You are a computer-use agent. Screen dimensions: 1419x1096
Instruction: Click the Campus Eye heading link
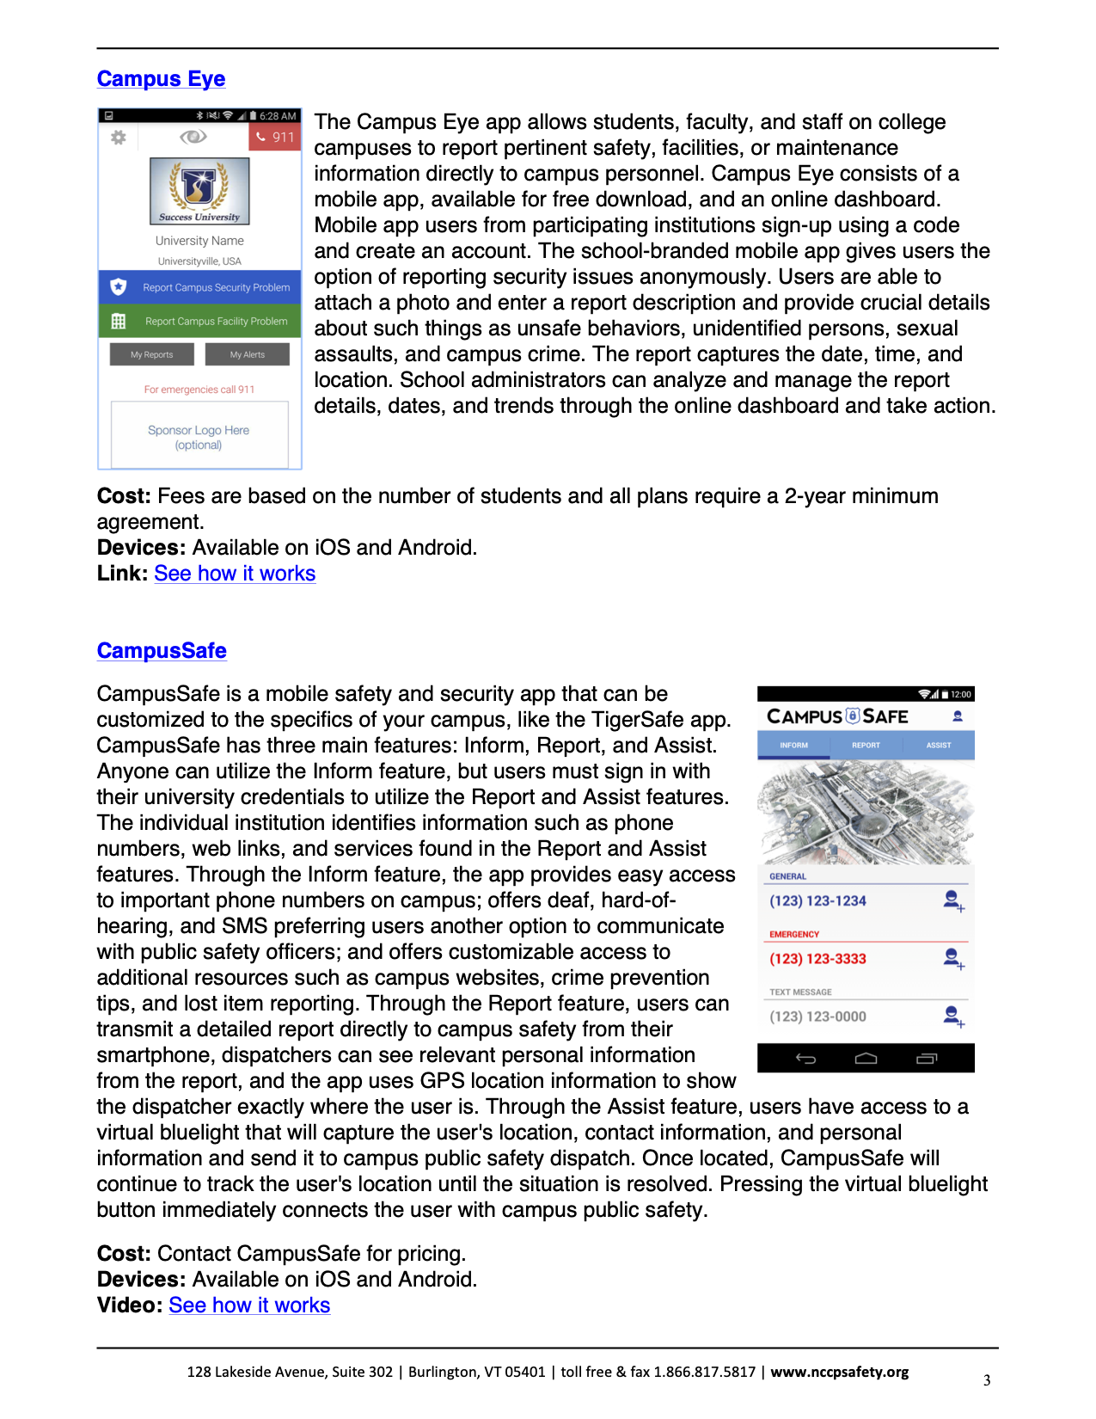tap(161, 79)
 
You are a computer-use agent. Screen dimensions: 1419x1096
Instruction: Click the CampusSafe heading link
tap(162, 651)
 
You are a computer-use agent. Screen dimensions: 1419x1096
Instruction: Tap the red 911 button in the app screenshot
tap(275, 137)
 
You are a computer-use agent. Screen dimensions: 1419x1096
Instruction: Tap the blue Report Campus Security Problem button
tap(200, 287)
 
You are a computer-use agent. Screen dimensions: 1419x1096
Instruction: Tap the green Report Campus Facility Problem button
tap(200, 321)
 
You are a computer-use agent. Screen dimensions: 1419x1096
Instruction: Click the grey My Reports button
tap(152, 354)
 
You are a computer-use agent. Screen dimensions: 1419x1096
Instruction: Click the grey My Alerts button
tap(248, 354)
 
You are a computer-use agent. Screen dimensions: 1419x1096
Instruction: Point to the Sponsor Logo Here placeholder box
tap(199, 437)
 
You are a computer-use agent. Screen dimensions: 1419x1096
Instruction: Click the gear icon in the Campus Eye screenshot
tap(119, 137)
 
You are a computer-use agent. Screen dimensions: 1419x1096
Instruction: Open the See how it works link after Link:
tap(235, 574)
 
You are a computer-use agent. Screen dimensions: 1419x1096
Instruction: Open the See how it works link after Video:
tap(249, 1305)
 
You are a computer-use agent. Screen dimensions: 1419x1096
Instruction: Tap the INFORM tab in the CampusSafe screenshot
tap(793, 746)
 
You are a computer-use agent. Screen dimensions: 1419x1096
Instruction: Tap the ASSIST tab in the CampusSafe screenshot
tap(939, 746)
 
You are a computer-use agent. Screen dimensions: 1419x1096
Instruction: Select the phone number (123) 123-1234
tap(817, 901)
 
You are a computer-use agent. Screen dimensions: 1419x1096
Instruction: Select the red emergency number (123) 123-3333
tap(817, 959)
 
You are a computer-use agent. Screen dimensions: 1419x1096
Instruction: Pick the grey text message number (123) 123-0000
tap(817, 1017)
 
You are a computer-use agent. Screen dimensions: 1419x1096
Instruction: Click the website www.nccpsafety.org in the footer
tap(839, 1372)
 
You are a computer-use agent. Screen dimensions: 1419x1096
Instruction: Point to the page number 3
tap(987, 1380)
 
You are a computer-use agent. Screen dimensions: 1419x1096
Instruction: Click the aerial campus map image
tap(866, 813)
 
